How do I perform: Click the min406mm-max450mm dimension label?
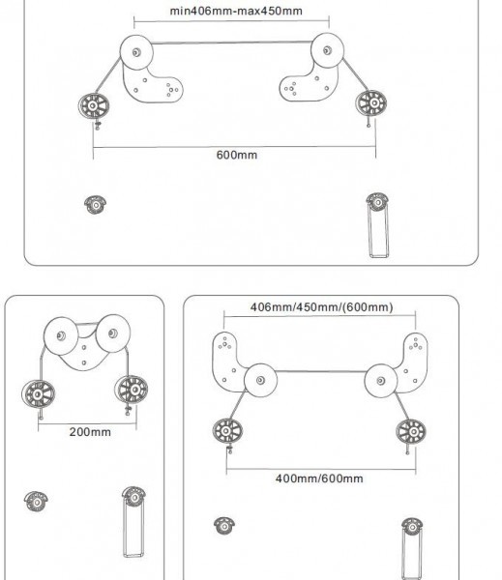[x=236, y=11]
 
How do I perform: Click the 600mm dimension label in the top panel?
[x=237, y=155]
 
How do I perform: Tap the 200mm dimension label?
[x=90, y=432]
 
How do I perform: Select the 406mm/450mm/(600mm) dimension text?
[x=321, y=307]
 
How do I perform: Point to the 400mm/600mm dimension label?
[x=319, y=478]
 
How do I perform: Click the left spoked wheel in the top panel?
[x=94, y=106]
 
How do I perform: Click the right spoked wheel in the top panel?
[x=371, y=102]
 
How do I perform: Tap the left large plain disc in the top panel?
[x=136, y=52]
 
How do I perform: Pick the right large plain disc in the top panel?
[x=327, y=50]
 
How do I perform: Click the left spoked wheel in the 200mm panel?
[x=38, y=394]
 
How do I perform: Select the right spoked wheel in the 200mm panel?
[x=132, y=390]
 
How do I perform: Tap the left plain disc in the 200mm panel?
[x=61, y=335]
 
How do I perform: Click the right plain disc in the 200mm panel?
[x=113, y=333]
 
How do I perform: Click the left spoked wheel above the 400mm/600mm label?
[x=227, y=431]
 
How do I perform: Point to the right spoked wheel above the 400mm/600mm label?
[x=411, y=432]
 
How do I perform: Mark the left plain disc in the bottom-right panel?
[x=260, y=380]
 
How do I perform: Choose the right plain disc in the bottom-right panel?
[x=381, y=381]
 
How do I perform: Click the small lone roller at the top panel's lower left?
[x=96, y=205]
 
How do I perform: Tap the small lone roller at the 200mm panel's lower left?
[x=36, y=502]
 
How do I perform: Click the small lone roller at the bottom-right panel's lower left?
[x=224, y=526]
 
